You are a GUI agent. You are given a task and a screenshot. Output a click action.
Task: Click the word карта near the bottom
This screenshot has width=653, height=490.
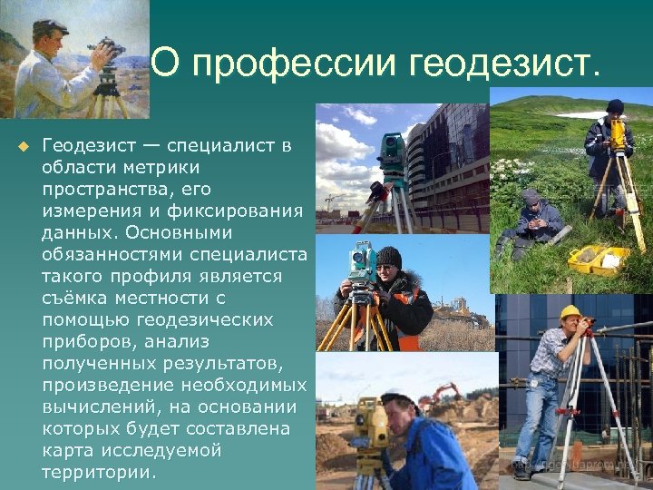click(68, 451)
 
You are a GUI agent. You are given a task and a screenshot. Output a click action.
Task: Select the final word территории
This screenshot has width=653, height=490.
click(98, 473)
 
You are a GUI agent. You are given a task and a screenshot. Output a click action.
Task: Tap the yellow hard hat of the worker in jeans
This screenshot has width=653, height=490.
click(570, 312)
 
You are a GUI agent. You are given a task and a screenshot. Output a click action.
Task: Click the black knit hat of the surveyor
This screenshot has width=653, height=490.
click(388, 257)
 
